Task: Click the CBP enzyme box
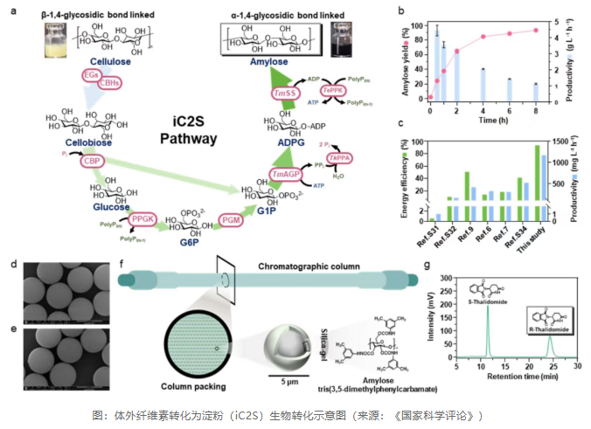pyautogui.click(x=90, y=163)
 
